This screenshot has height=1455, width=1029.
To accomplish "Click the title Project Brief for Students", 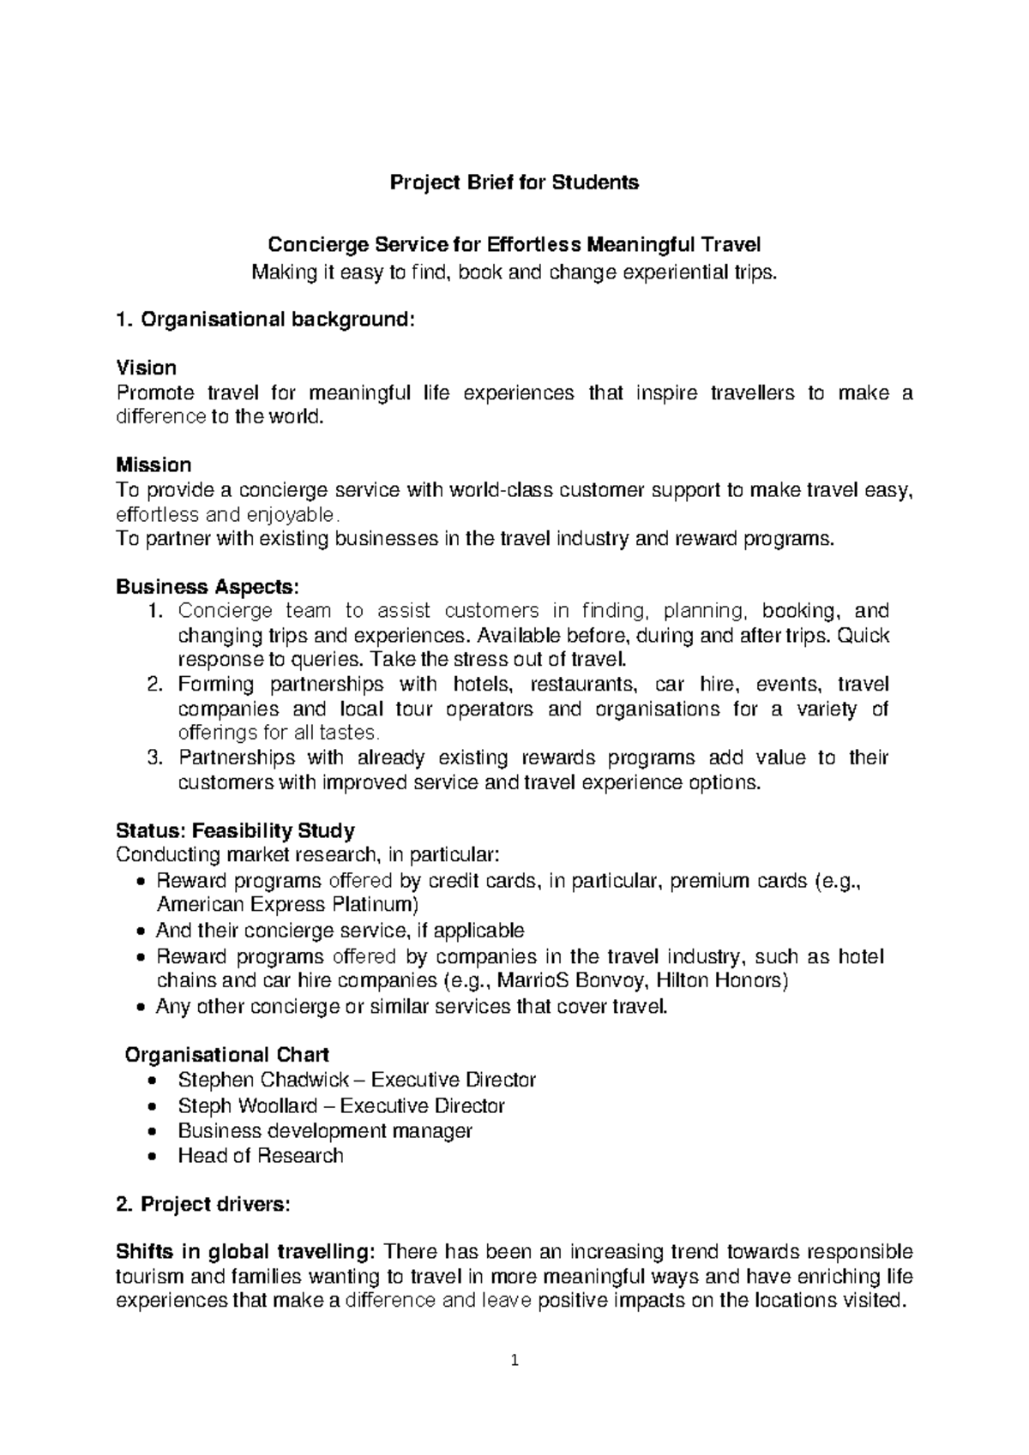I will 514,183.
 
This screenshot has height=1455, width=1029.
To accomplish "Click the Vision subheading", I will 146,368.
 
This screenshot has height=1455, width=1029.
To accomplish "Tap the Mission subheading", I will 153,464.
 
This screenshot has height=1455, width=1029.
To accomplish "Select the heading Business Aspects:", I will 208,587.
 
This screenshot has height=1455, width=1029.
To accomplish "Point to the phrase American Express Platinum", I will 287,905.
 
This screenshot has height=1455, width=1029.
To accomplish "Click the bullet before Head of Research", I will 152,1156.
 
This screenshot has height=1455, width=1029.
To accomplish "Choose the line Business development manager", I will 325,1130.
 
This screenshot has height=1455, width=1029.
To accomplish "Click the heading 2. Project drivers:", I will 203,1204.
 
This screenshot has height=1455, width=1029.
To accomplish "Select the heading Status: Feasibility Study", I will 235,830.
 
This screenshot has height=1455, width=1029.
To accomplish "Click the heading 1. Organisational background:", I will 265,320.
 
